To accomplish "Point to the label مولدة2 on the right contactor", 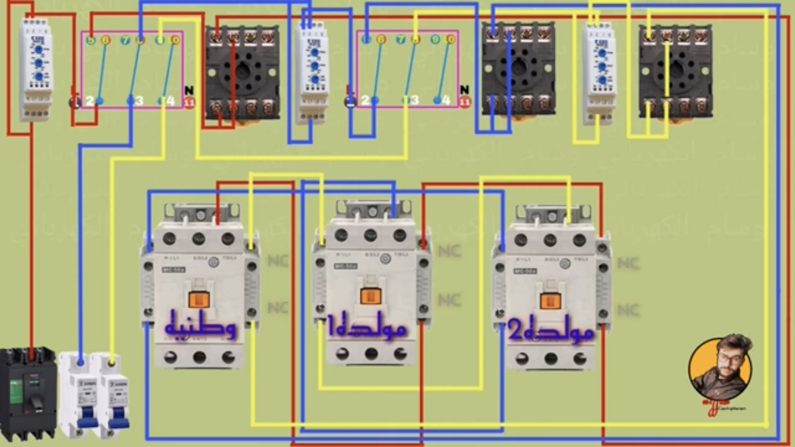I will pos(551,331).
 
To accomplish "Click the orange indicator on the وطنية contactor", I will pos(199,300).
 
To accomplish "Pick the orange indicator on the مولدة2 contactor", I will pos(550,300).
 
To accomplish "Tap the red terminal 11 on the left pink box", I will pos(190,103).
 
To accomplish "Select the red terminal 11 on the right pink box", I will pos(465,103).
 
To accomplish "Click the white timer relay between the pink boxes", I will pos(313,72).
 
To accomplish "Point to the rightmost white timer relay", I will pos(599,73).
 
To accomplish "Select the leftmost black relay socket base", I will pos(243,73).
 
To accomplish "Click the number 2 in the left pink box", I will pos(89,101).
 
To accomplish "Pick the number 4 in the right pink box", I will pos(446,101).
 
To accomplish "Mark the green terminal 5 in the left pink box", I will pos(91,41).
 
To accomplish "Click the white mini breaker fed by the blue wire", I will pos(80,393).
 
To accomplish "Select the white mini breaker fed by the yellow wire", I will pos(115,393).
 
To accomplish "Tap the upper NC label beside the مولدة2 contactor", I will pos(628,263).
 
